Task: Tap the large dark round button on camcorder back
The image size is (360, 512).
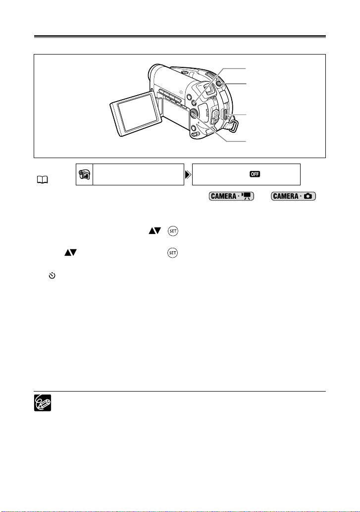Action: tap(193, 113)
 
